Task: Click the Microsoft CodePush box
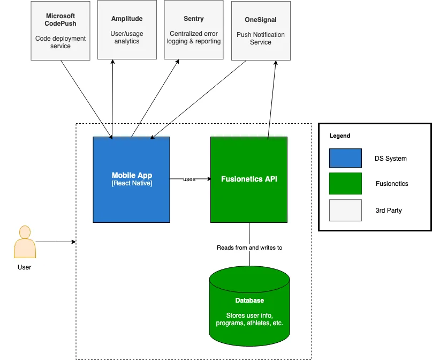click(x=60, y=31)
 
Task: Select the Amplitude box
click(x=127, y=30)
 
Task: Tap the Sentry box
click(x=194, y=30)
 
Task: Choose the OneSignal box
click(x=261, y=31)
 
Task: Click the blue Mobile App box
click(x=131, y=179)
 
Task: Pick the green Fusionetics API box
click(x=249, y=179)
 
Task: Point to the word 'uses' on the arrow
click(x=189, y=179)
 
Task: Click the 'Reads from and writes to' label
click(x=249, y=247)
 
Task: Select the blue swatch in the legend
click(x=345, y=159)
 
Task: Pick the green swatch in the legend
click(x=345, y=183)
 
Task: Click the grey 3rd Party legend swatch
click(x=345, y=210)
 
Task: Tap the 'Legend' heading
click(x=340, y=136)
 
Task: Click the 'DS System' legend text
click(x=391, y=159)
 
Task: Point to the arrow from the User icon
click(x=56, y=242)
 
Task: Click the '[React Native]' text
click(x=132, y=184)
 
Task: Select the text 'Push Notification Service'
click(x=261, y=39)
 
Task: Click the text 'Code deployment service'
click(x=60, y=42)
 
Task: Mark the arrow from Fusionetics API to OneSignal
click(x=272, y=99)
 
